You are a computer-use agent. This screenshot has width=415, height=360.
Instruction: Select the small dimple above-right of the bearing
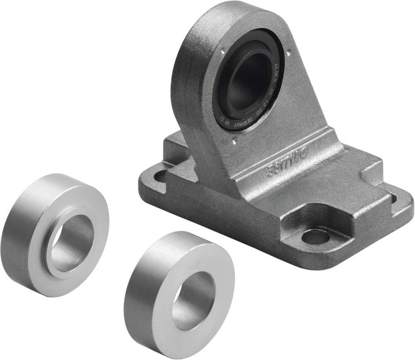coord(288,52)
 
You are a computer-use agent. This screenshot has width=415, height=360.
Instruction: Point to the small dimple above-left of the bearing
coord(222,52)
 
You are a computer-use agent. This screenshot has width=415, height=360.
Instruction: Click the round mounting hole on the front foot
coord(315,237)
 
